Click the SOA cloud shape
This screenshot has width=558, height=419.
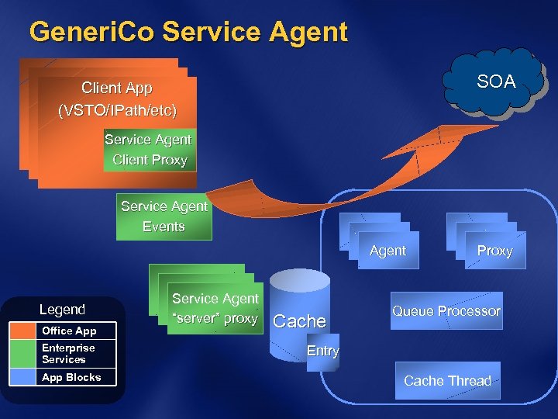493,81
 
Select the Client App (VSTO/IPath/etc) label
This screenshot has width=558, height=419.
117,99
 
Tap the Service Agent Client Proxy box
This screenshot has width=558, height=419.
148,150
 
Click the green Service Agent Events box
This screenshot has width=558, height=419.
163,216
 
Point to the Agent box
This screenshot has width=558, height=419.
387,251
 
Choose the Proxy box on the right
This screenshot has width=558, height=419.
494,251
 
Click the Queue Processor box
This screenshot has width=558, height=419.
446,311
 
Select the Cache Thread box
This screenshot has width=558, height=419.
447,381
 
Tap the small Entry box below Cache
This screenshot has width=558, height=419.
322,351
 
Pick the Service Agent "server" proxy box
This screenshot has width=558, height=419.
215,309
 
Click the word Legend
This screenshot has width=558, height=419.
62,310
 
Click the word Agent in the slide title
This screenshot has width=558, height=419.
308,32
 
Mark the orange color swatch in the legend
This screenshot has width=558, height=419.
36,331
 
